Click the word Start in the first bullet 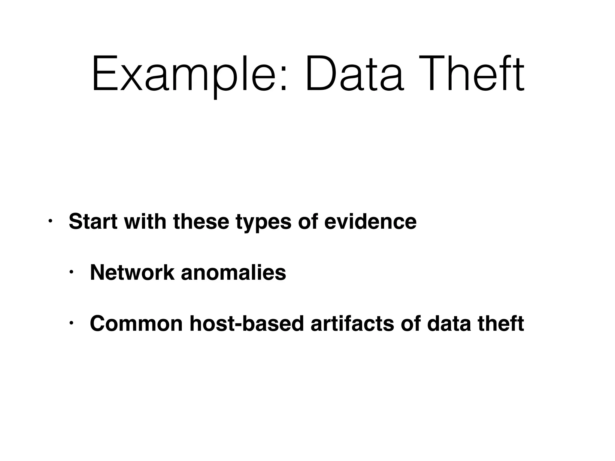[93, 221]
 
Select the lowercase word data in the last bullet [449, 324]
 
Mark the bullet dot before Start [50, 221]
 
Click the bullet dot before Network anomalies [71, 273]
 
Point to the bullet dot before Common [71, 324]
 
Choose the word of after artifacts [410, 324]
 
